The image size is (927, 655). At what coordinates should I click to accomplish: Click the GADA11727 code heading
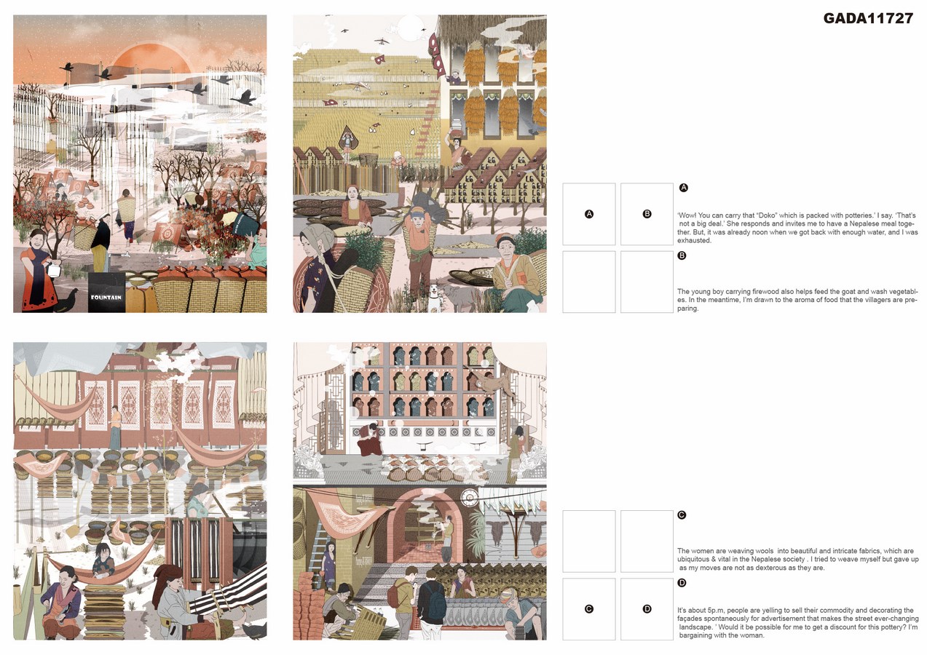868,18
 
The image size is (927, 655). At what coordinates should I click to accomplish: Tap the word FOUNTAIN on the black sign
106,298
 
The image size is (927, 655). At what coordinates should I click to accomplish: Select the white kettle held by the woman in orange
54,269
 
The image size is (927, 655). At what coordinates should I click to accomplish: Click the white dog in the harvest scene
434,296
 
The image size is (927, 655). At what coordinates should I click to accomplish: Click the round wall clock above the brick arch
469,498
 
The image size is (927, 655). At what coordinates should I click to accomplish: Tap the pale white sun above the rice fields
411,28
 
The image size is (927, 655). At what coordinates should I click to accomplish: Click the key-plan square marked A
589,214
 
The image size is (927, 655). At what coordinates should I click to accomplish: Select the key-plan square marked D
647,609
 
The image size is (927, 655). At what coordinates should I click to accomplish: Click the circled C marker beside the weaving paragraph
682,515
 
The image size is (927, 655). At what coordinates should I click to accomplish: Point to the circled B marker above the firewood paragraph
682,255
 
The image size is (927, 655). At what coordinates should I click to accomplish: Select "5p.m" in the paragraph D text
716,611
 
